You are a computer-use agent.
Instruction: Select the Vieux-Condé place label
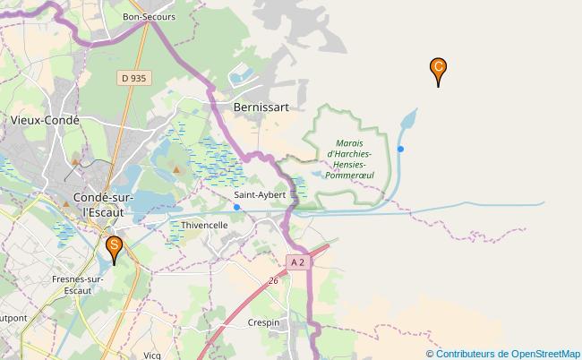tap(44, 119)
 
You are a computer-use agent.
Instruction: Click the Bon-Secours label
tap(149, 17)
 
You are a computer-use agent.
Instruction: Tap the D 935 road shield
tap(133, 79)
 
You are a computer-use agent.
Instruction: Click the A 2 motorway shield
tap(297, 261)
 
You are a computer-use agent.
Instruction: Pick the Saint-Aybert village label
tap(260, 194)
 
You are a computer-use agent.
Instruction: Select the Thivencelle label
tap(205, 225)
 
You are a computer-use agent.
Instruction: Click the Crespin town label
tap(265, 321)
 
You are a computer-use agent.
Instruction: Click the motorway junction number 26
tap(272, 281)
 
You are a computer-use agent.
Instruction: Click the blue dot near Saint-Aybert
tap(236, 207)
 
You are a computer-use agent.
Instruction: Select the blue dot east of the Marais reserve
tap(401, 149)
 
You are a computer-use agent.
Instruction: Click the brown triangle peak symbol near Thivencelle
tap(176, 168)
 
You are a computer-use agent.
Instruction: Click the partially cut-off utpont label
tap(13, 318)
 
